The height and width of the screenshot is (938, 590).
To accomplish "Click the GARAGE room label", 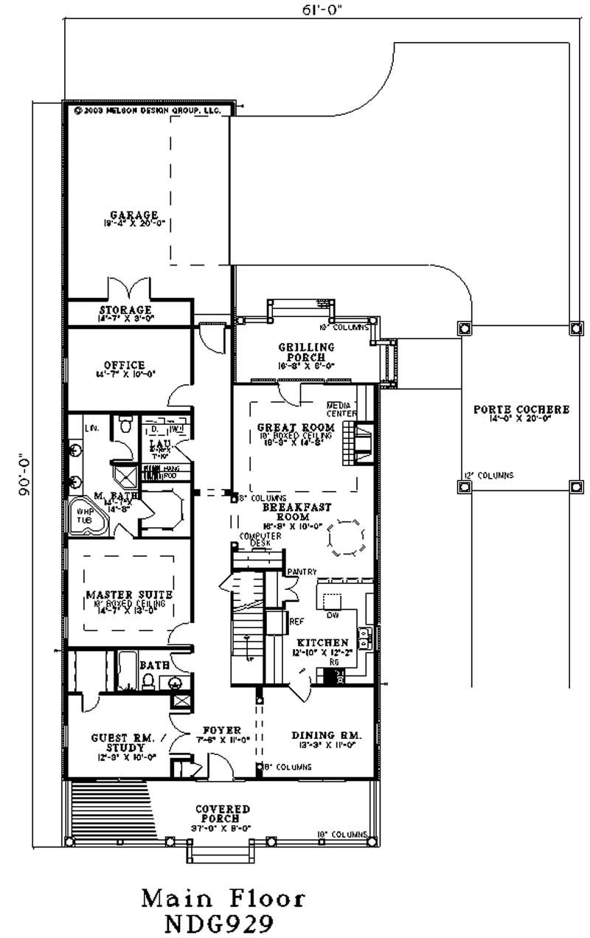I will (x=124, y=215).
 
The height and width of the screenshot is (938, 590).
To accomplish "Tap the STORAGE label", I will (x=125, y=310).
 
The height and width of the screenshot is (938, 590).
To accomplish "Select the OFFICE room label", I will (x=124, y=365).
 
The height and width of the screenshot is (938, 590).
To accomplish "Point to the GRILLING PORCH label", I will (x=306, y=352).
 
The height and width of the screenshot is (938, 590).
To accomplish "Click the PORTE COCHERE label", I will (x=521, y=410).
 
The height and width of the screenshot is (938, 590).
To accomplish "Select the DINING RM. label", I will (x=325, y=735).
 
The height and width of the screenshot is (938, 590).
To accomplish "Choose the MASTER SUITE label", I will (x=129, y=594).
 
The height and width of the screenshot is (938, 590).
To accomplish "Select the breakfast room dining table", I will (x=346, y=538).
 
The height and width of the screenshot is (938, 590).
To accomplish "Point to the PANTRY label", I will (x=302, y=572).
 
